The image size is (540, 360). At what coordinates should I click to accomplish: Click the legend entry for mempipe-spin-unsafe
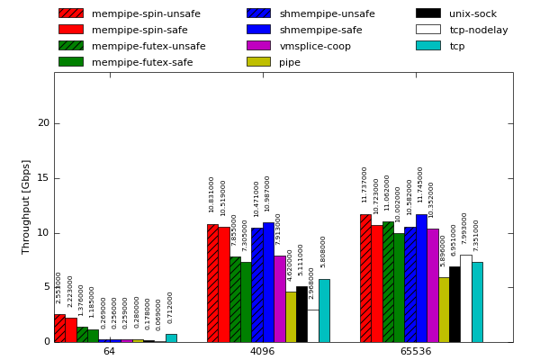click(146, 13)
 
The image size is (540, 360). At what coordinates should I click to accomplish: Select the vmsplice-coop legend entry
click(315, 46)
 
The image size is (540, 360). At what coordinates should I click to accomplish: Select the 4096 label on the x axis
click(262, 351)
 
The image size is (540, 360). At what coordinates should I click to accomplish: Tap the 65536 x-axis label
click(416, 351)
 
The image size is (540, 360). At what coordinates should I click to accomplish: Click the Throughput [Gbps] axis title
click(27, 206)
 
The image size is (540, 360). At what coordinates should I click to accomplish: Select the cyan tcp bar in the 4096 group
click(324, 310)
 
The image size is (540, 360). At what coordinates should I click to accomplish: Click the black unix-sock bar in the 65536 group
click(454, 304)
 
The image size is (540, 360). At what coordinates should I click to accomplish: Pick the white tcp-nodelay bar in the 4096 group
click(312, 326)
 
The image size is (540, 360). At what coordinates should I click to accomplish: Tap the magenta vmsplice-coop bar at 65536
click(432, 285)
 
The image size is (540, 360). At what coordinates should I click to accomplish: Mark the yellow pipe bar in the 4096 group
click(291, 317)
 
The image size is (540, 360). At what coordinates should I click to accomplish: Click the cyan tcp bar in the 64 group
click(171, 338)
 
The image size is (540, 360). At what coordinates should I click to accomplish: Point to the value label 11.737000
click(365, 184)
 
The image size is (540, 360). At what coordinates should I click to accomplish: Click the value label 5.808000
click(324, 252)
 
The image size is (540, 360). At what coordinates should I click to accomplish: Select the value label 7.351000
click(477, 236)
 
